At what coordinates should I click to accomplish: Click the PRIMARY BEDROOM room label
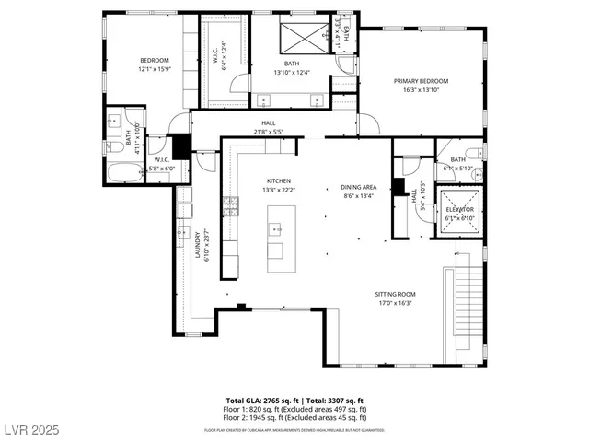pos(419,81)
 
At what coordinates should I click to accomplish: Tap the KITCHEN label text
pos(279,180)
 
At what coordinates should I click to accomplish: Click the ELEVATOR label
pos(459,210)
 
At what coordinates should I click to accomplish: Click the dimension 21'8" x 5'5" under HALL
pos(268,130)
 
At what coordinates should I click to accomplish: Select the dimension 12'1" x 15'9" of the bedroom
pos(155,68)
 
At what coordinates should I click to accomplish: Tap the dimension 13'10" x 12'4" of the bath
pos(292,71)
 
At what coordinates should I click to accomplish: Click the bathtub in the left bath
pos(121,172)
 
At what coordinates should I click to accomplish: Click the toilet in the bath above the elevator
pos(472,153)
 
